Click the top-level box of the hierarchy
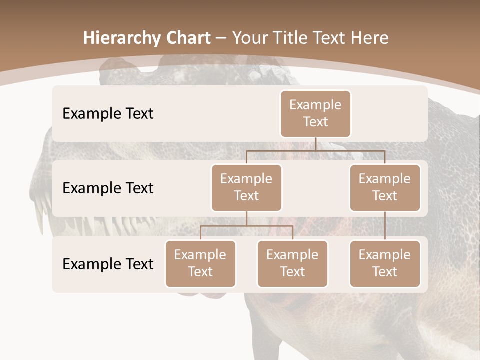pos(315,114)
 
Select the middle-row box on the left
pos(246,187)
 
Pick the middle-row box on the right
pos(385,187)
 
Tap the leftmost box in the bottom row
pos(200,263)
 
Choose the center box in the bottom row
pos(292,263)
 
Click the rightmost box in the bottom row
pos(385,263)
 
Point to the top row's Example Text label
pos(108,114)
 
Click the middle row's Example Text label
pos(108,188)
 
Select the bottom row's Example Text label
pos(108,264)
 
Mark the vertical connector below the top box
pos(315,144)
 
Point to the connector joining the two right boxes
pos(385,226)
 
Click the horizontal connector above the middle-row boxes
pos(315,150)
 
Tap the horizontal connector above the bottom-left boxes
pos(246,226)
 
